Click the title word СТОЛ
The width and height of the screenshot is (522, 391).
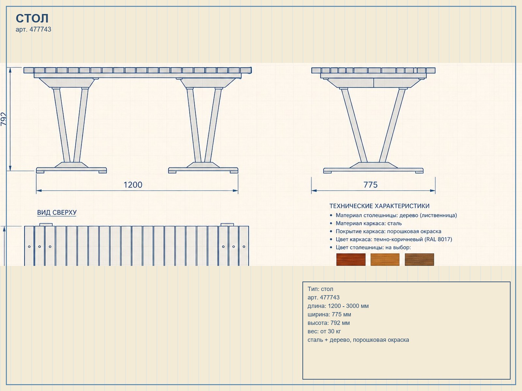click(x=32, y=18)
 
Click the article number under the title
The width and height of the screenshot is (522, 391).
click(x=33, y=29)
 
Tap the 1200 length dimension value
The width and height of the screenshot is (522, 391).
click(x=133, y=185)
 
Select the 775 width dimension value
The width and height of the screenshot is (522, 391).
click(x=371, y=185)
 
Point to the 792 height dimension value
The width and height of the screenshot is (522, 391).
click(x=4, y=119)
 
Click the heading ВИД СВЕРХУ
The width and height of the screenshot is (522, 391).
click(x=57, y=212)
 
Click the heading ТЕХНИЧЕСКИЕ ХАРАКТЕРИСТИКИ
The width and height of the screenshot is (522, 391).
click(x=379, y=206)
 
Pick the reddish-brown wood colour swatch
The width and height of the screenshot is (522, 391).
click(x=351, y=259)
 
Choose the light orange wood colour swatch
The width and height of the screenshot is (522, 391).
click(x=385, y=259)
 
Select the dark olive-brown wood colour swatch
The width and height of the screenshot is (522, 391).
click(x=419, y=259)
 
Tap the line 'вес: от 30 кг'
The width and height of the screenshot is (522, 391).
click(x=324, y=331)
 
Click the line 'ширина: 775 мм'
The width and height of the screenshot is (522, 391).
click(x=329, y=314)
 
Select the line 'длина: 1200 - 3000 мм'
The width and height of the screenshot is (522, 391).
click(x=338, y=306)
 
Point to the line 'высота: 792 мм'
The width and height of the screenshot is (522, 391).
click(x=329, y=323)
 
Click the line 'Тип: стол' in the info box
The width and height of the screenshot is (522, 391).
click(x=320, y=289)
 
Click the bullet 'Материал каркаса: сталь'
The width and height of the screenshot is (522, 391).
click(x=369, y=224)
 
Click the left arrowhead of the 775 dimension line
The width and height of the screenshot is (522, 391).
click(x=314, y=190)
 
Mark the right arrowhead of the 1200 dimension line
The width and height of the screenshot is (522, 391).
click(x=235, y=190)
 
